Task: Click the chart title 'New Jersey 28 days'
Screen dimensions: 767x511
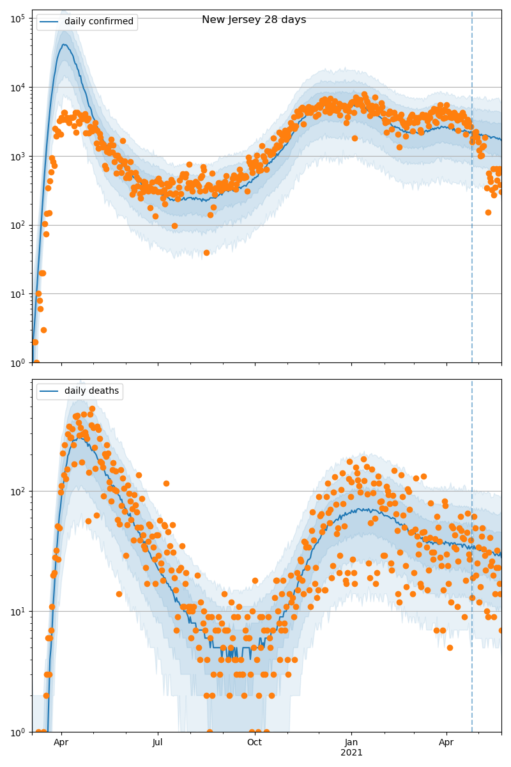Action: pyautogui.click(x=254, y=20)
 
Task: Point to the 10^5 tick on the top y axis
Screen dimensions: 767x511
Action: pyautogui.click(x=17, y=18)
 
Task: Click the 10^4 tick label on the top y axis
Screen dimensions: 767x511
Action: pyautogui.click(x=17, y=87)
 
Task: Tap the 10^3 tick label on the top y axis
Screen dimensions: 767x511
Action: pyautogui.click(x=17, y=156)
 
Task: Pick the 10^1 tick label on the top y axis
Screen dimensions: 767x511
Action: pyautogui.click(x=17, y=294)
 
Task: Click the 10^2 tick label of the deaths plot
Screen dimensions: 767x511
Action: pyautogui.click(x=17, y=492)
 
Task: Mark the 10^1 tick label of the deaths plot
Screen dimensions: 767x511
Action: pyautogui.click(x=17, y=612)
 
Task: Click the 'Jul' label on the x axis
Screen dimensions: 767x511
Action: pyautogui.click(x=158, y=743)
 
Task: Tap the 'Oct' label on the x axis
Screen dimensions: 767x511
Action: pyautogui.click(x=254, y=743)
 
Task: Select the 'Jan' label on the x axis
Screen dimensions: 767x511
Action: pyautogui.click(x=351, y=743)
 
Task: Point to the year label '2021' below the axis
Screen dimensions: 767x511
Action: pyautogui.click(x=351, y=752)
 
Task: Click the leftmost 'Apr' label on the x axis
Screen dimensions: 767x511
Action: pyautogui.click(x=61, y=743)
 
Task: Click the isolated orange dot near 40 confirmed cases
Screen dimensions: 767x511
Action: pyautogui.click(x=206, y=252)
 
